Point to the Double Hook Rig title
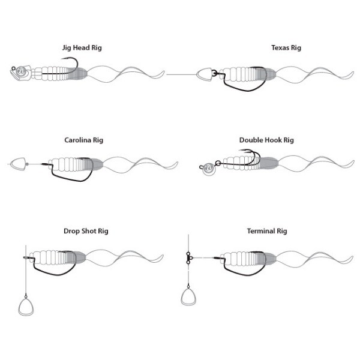click(x=267, y=140)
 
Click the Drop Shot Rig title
click(x=86, y=230)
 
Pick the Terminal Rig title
click(x=268, y=230)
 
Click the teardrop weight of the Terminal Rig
click(x=190, y=299)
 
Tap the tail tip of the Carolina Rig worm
click(x=178, y=163)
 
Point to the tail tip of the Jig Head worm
click(x=164, y=73)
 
